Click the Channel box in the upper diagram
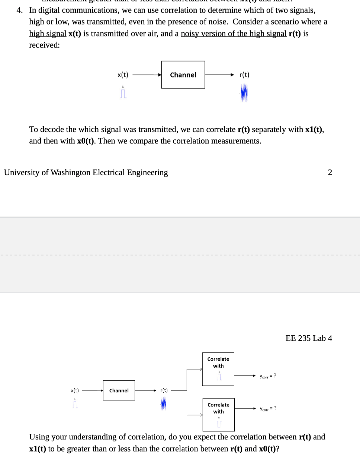183,75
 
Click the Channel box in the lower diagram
119,390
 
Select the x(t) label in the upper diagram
123,75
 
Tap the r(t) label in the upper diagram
244,75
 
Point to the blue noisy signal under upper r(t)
244,93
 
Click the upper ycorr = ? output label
268,376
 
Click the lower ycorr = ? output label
268,409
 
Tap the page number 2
330,172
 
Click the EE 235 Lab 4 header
309,338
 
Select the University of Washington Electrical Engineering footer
86,172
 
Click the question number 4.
19,10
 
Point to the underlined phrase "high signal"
48,33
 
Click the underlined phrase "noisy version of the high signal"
234,33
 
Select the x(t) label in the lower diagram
75,390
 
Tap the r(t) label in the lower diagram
164,390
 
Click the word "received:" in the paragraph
45,45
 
